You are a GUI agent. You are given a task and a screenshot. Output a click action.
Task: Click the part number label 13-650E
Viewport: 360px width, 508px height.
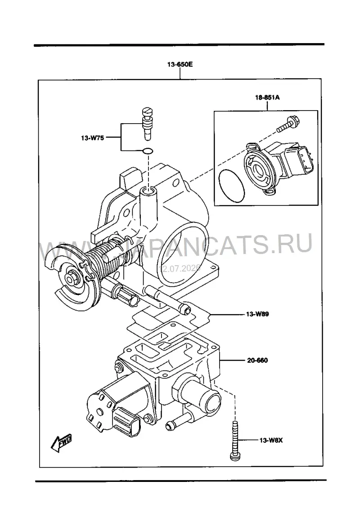(180, 64)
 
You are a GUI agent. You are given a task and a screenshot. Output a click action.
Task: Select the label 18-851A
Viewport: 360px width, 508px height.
(267, 97)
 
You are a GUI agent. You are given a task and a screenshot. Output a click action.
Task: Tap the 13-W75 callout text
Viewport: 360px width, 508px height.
(92, 138)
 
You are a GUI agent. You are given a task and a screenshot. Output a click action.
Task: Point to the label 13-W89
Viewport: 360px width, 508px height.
(257, 314)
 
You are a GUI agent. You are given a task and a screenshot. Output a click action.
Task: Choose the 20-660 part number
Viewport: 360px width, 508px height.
(257, 360)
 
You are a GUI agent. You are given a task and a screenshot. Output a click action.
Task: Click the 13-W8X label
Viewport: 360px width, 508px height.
(271, 440)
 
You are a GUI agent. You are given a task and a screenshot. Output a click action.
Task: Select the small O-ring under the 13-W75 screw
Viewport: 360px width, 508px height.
(148, 151)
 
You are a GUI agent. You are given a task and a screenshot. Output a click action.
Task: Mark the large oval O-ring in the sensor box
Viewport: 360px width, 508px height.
(231, 186)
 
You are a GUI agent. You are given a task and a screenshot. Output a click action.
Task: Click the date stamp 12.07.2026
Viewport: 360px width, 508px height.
(180, 268)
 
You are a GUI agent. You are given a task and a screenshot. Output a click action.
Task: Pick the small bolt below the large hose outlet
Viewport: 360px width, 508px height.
(177, 421)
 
